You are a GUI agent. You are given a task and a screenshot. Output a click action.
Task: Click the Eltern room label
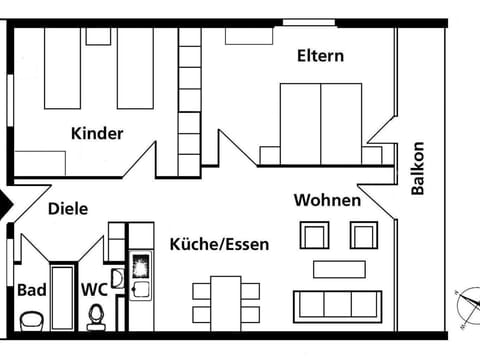(320, 56)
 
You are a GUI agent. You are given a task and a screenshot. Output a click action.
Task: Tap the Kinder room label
(97, 133)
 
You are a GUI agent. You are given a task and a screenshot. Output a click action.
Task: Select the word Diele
(68, 209)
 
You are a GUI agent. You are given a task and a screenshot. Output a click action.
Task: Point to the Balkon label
(418, 168)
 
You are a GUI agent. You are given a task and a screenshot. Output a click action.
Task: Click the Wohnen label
(327, 200)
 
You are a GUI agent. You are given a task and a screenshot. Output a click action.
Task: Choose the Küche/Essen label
(219, 244)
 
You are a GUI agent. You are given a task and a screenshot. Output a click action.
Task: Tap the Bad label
(32, 290)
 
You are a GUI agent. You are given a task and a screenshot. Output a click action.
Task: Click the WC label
(94, 290)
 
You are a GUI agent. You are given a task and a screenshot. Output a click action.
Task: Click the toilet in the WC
(97, 317)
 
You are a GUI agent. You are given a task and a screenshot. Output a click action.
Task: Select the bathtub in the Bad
(62, 297)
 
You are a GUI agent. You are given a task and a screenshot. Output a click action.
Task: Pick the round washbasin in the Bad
(32, 321)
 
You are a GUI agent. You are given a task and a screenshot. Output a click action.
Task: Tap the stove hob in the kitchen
(141, 266)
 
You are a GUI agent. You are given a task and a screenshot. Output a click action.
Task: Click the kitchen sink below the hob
(141, 290)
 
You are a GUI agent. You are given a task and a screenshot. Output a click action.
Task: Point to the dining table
(226, 304)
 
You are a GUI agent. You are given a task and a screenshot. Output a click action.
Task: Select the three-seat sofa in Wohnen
(337, 307)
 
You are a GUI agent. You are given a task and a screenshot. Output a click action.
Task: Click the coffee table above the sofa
(339, 269)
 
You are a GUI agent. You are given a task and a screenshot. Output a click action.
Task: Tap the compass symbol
(469, 307)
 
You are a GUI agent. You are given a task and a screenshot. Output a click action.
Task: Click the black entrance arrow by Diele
(6, 204)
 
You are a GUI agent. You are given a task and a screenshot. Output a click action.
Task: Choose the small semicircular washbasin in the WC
(117, 278)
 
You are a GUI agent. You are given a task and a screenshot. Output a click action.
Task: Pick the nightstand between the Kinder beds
(98, 36)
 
